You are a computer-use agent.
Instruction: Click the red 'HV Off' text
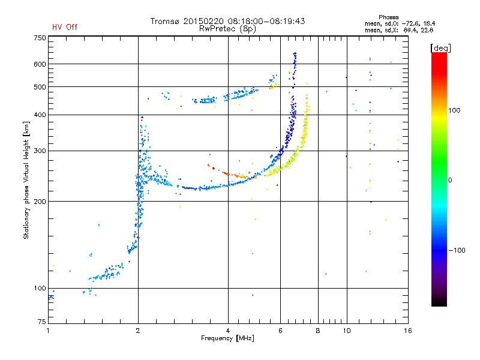(64, 27)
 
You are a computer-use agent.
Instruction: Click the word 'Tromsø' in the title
(165, 21)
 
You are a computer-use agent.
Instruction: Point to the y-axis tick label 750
(40, 37)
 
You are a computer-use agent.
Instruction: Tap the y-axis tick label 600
(40, 64)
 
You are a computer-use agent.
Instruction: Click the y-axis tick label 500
(40, 87)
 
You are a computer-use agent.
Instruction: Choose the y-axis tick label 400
(40, 115)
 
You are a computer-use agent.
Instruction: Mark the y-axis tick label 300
(40, 151)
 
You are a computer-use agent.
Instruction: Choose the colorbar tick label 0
(451, 180)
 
